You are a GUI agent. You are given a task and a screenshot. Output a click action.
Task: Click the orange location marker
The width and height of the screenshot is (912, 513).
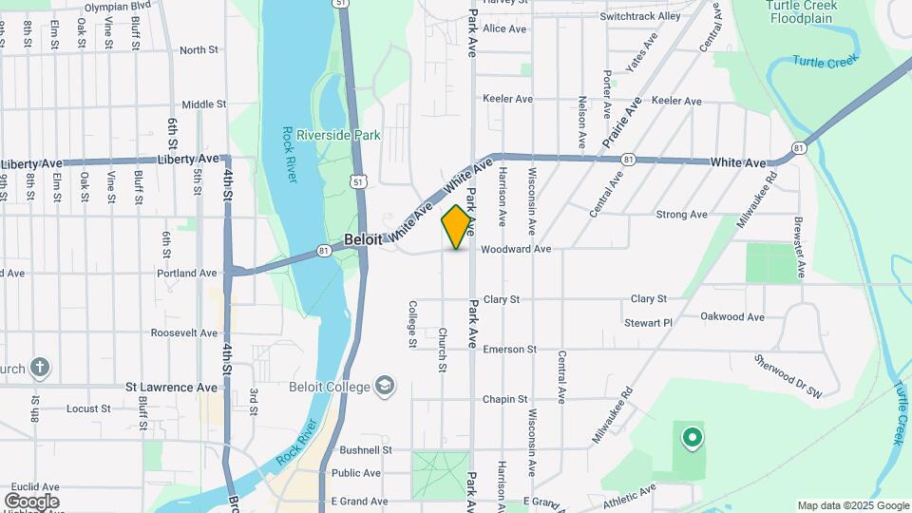[x=457, y=226]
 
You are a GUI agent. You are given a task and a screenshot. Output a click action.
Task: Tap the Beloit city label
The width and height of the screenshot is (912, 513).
[x=363, y=240]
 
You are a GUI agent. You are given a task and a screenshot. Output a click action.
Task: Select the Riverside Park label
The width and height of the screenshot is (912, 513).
[x=339, y=135]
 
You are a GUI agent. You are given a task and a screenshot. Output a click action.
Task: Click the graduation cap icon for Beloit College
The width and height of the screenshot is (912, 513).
[x=385, y=386]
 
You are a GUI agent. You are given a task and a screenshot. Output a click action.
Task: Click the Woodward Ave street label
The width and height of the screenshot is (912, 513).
[x=516, y=250]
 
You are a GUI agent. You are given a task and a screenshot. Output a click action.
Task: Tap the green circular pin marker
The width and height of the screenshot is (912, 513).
[x=693, y=438]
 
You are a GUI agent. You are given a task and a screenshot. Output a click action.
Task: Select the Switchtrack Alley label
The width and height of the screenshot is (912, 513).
[x=640, y=16]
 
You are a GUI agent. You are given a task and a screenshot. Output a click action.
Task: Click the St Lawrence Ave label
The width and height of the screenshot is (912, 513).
[x=172, y=388]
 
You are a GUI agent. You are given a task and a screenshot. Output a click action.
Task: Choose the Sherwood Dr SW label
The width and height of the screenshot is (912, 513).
[x=788, y=378]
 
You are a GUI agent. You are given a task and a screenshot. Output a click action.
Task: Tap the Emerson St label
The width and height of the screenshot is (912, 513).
[x=510, y=350]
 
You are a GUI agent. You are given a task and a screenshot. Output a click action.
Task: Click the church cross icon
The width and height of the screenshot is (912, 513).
[x=40, y=367]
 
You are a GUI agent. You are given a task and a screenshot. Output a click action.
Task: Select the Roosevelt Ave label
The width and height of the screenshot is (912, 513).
[x=184, y=333]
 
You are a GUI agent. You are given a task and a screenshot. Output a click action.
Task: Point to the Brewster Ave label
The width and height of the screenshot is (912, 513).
[x=800, y=246]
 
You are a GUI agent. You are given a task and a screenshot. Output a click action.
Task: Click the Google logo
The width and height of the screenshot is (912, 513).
[x=31, y=501]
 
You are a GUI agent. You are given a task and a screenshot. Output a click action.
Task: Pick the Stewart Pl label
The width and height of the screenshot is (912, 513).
[x=648, y=323]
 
